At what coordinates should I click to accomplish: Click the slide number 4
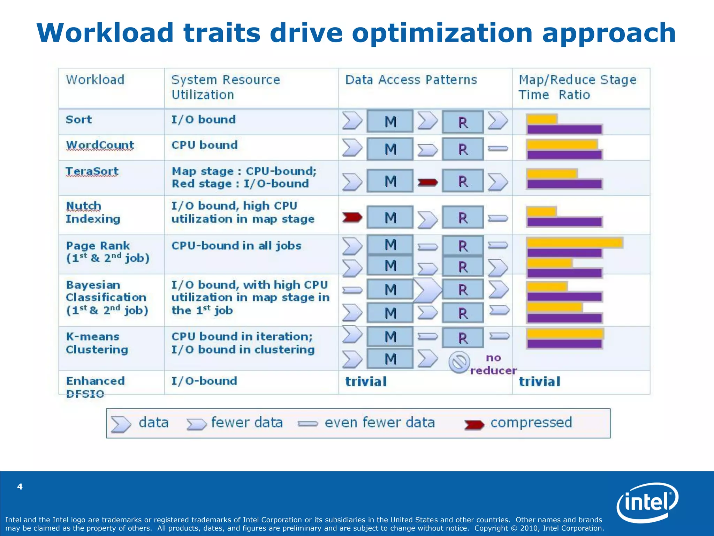20,486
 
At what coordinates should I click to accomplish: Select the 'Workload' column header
95,80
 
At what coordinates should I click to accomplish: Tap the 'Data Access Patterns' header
411,80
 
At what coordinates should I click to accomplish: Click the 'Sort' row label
79,120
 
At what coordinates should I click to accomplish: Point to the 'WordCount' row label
100,145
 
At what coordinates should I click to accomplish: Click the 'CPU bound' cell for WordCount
204,145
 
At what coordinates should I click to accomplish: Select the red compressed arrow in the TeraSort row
427,182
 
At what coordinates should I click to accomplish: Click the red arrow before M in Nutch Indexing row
352,217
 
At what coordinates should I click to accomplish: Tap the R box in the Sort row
463,122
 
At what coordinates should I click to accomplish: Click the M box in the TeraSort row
390,181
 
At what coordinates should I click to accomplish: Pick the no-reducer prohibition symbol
459,362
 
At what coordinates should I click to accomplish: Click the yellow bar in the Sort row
542,119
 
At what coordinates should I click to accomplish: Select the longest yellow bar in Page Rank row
575,243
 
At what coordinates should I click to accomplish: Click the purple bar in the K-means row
564,344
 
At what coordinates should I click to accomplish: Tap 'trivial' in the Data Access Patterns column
366,381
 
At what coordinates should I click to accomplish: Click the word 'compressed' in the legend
531,423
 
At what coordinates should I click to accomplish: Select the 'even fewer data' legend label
380,423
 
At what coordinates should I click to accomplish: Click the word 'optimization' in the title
442,33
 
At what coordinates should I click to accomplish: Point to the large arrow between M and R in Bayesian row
427,290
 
